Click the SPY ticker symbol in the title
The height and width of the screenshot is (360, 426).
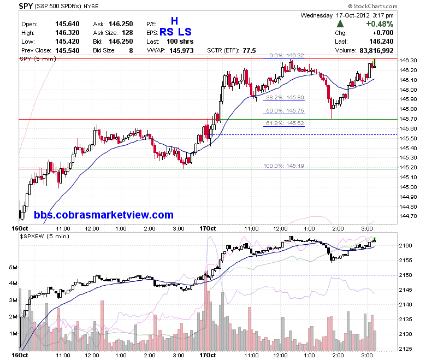[26, 6]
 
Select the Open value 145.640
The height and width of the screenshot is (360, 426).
[67, 24]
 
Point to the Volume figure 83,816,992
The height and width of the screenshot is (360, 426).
[376, 51]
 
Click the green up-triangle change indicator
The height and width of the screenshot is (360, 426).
[340, 24]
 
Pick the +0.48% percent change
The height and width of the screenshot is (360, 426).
[380, 24]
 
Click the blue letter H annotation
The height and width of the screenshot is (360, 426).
[174, 21]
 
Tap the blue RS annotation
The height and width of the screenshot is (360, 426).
[167, 32]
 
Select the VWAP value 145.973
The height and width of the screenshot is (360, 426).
[181, 51]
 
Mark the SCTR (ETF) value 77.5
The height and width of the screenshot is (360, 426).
[249, 51]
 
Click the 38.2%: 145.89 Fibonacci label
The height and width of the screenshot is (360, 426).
[285, 98]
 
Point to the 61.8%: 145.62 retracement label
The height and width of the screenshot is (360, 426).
[285, 123]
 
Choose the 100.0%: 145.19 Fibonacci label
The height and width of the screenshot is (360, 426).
[283, 166]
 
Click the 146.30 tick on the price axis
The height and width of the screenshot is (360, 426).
[408, 60]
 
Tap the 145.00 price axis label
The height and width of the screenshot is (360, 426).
[408, 187]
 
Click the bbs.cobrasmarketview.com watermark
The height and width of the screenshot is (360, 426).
[104, 215]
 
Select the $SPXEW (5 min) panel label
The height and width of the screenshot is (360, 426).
[45, 237]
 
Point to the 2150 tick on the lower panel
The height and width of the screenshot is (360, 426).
[405, 275]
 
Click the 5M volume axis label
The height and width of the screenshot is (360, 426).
[13, 267]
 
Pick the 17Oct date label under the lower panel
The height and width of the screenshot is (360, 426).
[208, 355]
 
